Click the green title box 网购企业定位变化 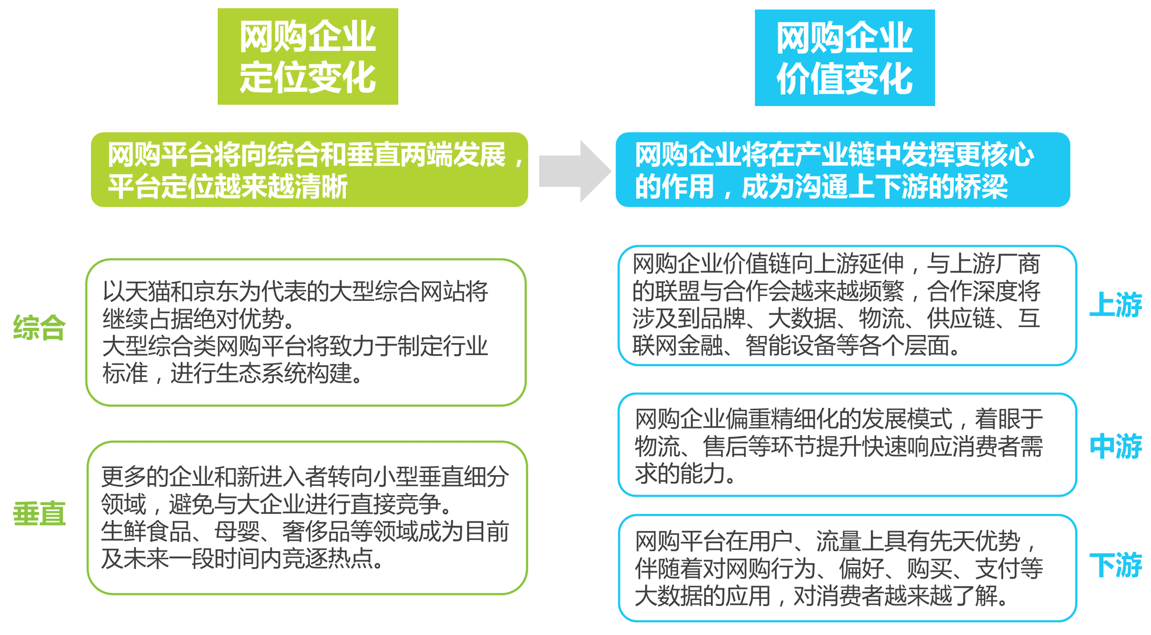(308, 57)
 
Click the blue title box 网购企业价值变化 (845, 58)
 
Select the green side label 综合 (39, 327)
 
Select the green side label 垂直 (39, 514)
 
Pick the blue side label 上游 (1115, 305)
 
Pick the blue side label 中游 (1115, 447)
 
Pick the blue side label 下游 (1115, 566)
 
